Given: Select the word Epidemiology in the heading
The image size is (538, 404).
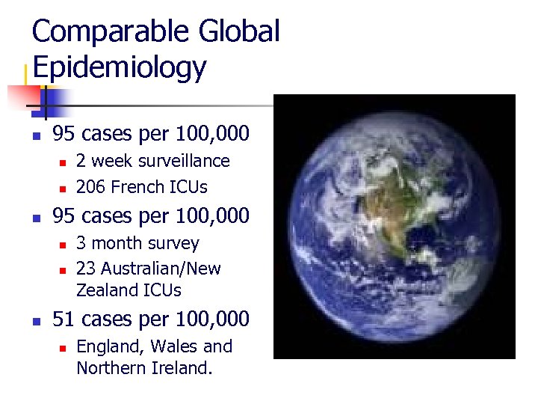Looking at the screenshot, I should [x=119, y=67].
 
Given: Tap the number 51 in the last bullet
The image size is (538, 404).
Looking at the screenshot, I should [x=64, y=319].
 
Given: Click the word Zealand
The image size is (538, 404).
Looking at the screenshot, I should [x=105, y=290].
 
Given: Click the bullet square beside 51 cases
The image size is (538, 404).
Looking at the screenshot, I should [x=35, y=321].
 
